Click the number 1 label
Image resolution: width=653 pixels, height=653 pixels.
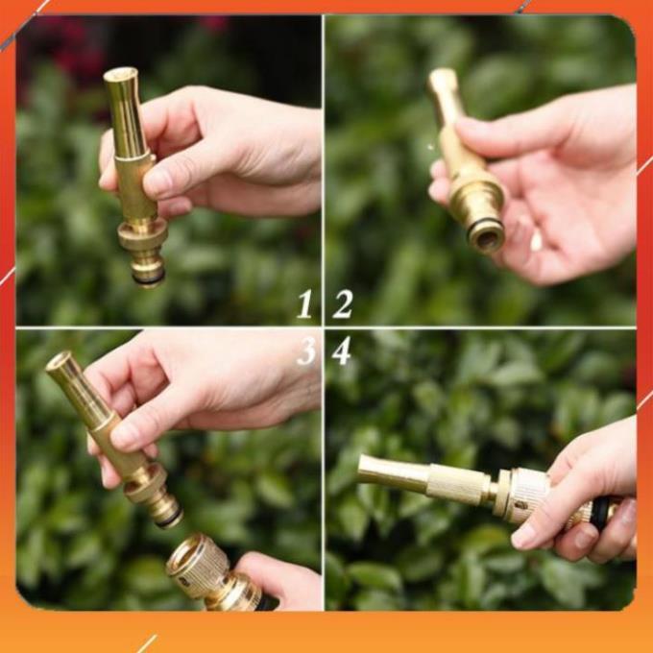point(304,303)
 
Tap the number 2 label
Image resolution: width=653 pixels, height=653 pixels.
point(342,303)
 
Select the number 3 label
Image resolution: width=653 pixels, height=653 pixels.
point(306,351)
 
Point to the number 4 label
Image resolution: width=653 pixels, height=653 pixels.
point(341,351)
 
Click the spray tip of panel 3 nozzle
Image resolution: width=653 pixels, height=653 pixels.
point(60,362)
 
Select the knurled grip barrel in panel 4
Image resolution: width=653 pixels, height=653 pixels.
point(457,484)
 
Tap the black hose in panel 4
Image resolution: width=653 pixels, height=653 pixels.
point(601,513)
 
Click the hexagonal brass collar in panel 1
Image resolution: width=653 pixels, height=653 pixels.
point(142,233)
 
